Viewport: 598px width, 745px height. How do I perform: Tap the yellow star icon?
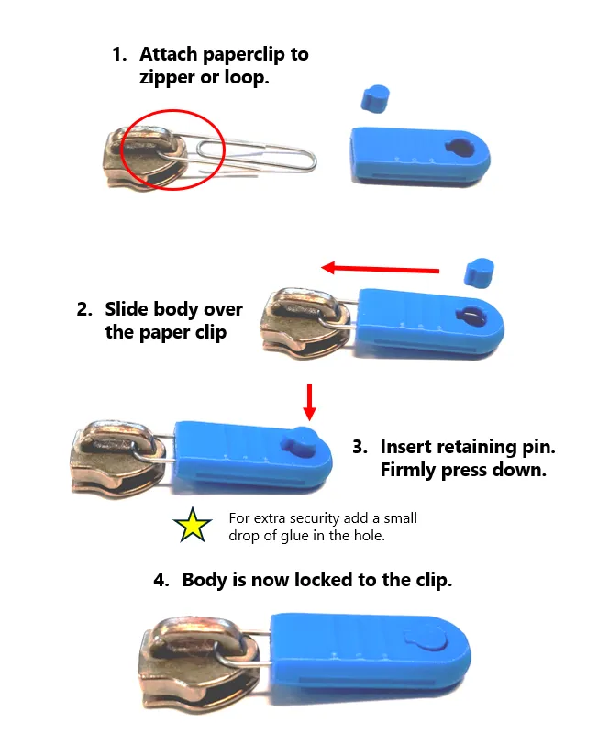(193, 527)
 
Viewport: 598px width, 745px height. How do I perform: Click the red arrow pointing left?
(380, 268)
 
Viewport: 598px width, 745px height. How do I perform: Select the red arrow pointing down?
(309, 400)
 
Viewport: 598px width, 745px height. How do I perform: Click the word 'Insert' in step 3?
(410, 447)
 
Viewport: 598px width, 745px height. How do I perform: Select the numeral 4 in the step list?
(161, 580)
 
